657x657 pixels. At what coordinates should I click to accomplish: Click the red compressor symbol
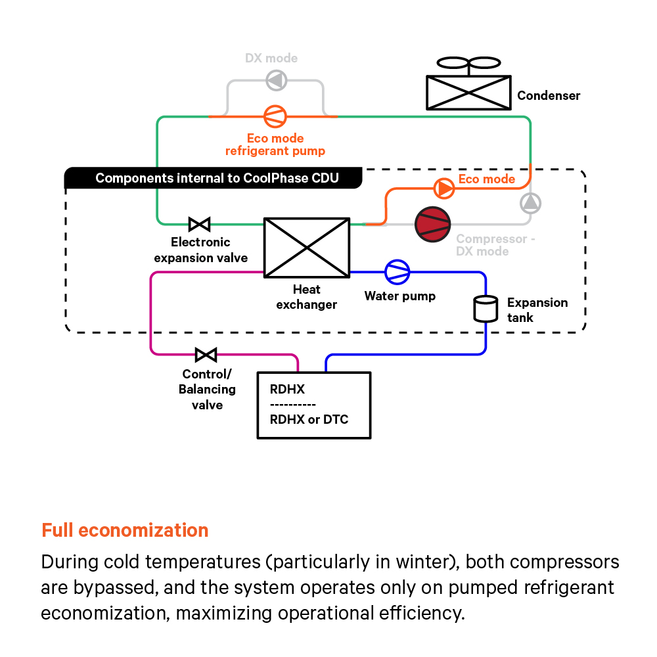[x=432, y=224]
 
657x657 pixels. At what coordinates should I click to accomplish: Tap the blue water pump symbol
[x=397, y=271]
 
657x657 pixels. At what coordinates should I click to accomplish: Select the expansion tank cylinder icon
[x=486, y=309]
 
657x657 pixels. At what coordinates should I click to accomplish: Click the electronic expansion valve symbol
[x=199, y=224]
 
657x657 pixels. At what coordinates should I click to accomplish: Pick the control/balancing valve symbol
[x=206, y=355]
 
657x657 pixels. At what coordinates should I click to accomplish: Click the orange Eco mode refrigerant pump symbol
[x=275, y=116]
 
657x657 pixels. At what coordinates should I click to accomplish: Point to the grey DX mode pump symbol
[x=275, y=81]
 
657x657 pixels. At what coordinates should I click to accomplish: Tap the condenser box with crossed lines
[x=468, y=92]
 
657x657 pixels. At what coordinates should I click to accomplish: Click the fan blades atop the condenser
[x=468, y=64]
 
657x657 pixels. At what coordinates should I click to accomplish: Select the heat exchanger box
[x=306, y=247]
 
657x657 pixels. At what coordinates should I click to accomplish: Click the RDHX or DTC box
[x=313, y=405]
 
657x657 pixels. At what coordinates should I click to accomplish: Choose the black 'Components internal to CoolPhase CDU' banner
[x=214, y=178]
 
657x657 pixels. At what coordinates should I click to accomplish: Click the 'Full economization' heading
[x=125, y=530]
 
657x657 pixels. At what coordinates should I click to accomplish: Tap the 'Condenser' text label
[x=549, y=96]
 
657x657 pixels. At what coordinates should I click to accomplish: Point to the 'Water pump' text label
[x=400, y=296]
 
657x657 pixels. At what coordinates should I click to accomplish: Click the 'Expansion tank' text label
[x=537, y=310]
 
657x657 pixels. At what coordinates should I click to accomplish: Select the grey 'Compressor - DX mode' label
[x=495, y=245]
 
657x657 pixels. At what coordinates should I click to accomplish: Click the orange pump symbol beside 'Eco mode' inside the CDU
[x=444, y=189]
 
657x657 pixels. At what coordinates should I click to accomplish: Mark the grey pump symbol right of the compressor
[x=530, y=203]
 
